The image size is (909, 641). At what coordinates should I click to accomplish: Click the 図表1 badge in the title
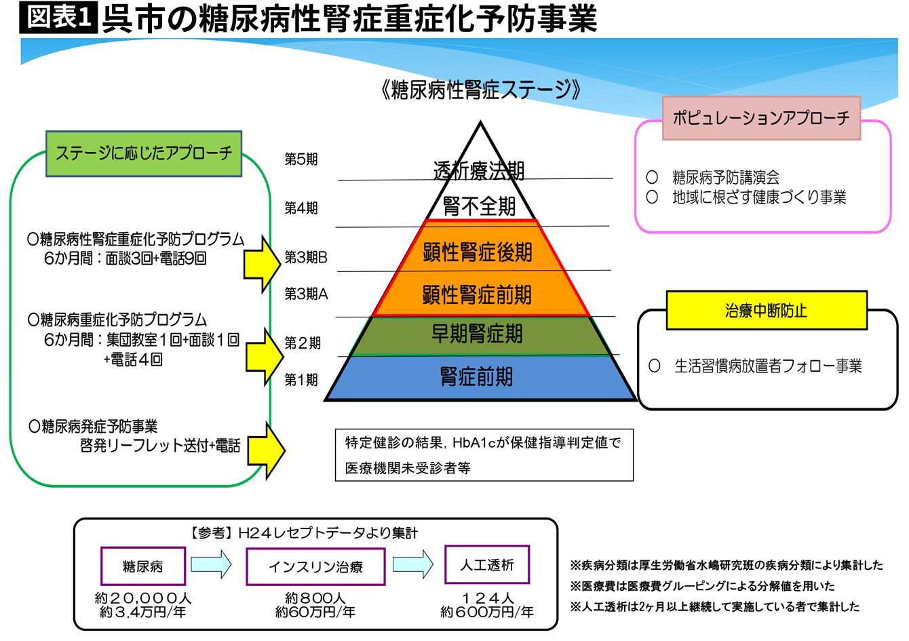click(x=58, y=19)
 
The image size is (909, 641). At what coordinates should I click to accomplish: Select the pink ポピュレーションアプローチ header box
click(x=760, y=118)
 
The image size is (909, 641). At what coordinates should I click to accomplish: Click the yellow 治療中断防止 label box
click(x=767, y=311)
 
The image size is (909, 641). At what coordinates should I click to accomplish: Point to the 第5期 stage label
click(x=301, y=160)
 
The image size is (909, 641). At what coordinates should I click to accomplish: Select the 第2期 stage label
click(x=302, y=343)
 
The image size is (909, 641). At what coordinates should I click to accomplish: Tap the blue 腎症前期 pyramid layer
click(x=478, y=377)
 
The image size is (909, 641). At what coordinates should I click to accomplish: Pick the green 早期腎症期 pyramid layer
click(x=478, y=334)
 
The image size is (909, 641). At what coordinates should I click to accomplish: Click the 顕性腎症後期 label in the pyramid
click(x=478, y=252)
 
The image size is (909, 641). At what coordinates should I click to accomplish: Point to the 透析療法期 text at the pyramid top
click(x=479, y=170)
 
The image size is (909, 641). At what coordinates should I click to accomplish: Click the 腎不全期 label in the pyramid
click(x=479, y=206)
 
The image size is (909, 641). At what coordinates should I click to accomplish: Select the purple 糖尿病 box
click(x=142, y=566)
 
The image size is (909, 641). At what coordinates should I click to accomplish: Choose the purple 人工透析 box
click(x=487, y=564)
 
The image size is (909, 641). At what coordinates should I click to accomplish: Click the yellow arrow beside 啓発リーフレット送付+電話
click(x=265, y=450)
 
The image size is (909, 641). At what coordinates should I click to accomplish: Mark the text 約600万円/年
click(x=487, y=612)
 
